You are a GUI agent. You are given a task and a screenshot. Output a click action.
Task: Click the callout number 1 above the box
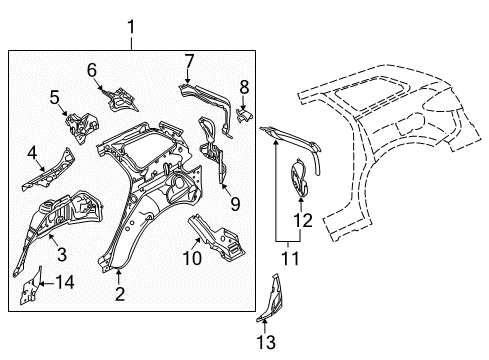click(131, 27)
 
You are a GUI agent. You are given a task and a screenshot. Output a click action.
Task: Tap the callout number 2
click(120, 294)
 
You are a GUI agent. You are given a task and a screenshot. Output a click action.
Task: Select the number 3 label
click(62, 254)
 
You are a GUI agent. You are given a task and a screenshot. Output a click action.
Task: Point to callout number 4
click(32, 153)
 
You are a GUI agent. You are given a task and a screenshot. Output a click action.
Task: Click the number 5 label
click(55, 97)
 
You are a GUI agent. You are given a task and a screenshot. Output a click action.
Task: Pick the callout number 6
click(92, 70)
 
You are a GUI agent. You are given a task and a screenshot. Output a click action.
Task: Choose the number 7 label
click(189, 61)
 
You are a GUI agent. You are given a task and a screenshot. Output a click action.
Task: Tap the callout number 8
click(244, 87)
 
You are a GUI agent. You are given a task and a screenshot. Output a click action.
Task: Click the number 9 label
click(235, 204)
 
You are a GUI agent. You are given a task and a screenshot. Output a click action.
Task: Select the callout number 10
click(192, 258)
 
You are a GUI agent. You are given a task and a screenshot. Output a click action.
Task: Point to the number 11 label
click(290, 258)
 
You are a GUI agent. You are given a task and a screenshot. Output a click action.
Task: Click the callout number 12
click(303, 221)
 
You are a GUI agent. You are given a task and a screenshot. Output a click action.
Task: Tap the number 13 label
click(266, 342)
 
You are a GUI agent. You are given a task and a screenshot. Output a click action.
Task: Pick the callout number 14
click(65, 283)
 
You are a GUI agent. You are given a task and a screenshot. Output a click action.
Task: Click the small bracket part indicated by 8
click(244, 114)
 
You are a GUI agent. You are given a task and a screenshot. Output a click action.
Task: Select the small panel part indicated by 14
click(31, 287)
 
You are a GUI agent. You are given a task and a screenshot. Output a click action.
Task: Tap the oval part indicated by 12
click(299, 178)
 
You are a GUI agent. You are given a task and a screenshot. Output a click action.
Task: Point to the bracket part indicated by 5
click(82, 126)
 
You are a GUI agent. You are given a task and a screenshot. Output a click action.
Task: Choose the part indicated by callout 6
click(121, 99)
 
